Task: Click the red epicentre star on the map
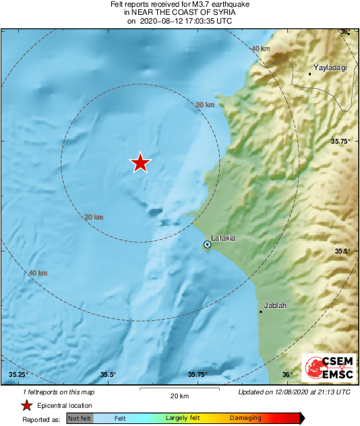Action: click(x=140, y=162)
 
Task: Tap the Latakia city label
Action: click(x=223, y=238)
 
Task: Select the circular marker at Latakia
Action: click(x=208, y=245)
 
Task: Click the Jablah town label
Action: click(x=275, y=305)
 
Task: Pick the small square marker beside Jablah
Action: click(x=261, y=311)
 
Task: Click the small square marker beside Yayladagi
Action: click(x=309, y=73)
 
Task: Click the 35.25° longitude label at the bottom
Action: click(x=17, y=375)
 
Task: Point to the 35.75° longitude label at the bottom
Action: click(x=197, y=375)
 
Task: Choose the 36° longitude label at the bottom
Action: click(x=287, y=375)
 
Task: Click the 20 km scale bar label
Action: click(x=179, y=396)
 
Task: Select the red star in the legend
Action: click(x=27, y=405)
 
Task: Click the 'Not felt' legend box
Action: click(x=80, y=419)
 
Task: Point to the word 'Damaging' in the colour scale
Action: click(x=245, y=419)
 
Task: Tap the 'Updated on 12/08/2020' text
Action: click(x=295, y=392)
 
